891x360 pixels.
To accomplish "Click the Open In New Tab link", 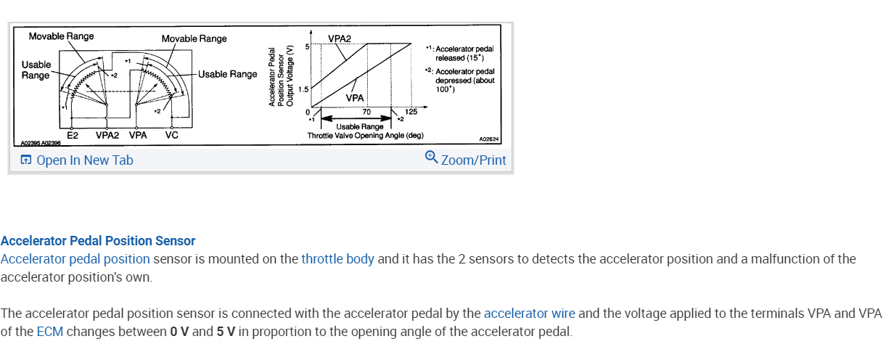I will tap(77, 160).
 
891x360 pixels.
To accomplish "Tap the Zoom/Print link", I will tap(466, 159).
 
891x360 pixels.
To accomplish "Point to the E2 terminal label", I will tap(73, 135).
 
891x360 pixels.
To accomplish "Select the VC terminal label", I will tap(172, 135).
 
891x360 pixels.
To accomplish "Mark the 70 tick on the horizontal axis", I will tap(366, 112).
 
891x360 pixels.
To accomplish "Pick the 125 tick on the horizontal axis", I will tap(411, 112).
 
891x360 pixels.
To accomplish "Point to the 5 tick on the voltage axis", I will tap(307, 46).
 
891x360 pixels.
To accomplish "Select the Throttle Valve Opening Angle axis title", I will tap(365, 135).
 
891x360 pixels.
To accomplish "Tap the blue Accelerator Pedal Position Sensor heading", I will tap(98, 241).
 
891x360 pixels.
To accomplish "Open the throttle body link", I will tap(337, 259).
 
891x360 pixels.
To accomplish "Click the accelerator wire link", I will tap(529, 314).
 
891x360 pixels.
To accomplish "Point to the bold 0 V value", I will tap(179, 332).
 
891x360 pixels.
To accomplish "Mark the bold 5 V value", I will tap(226, 332).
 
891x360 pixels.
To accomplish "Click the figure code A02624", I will tap(489, 139).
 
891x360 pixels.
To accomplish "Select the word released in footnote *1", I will tap(449, 57).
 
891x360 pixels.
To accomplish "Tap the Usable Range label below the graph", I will tap(360, 127).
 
